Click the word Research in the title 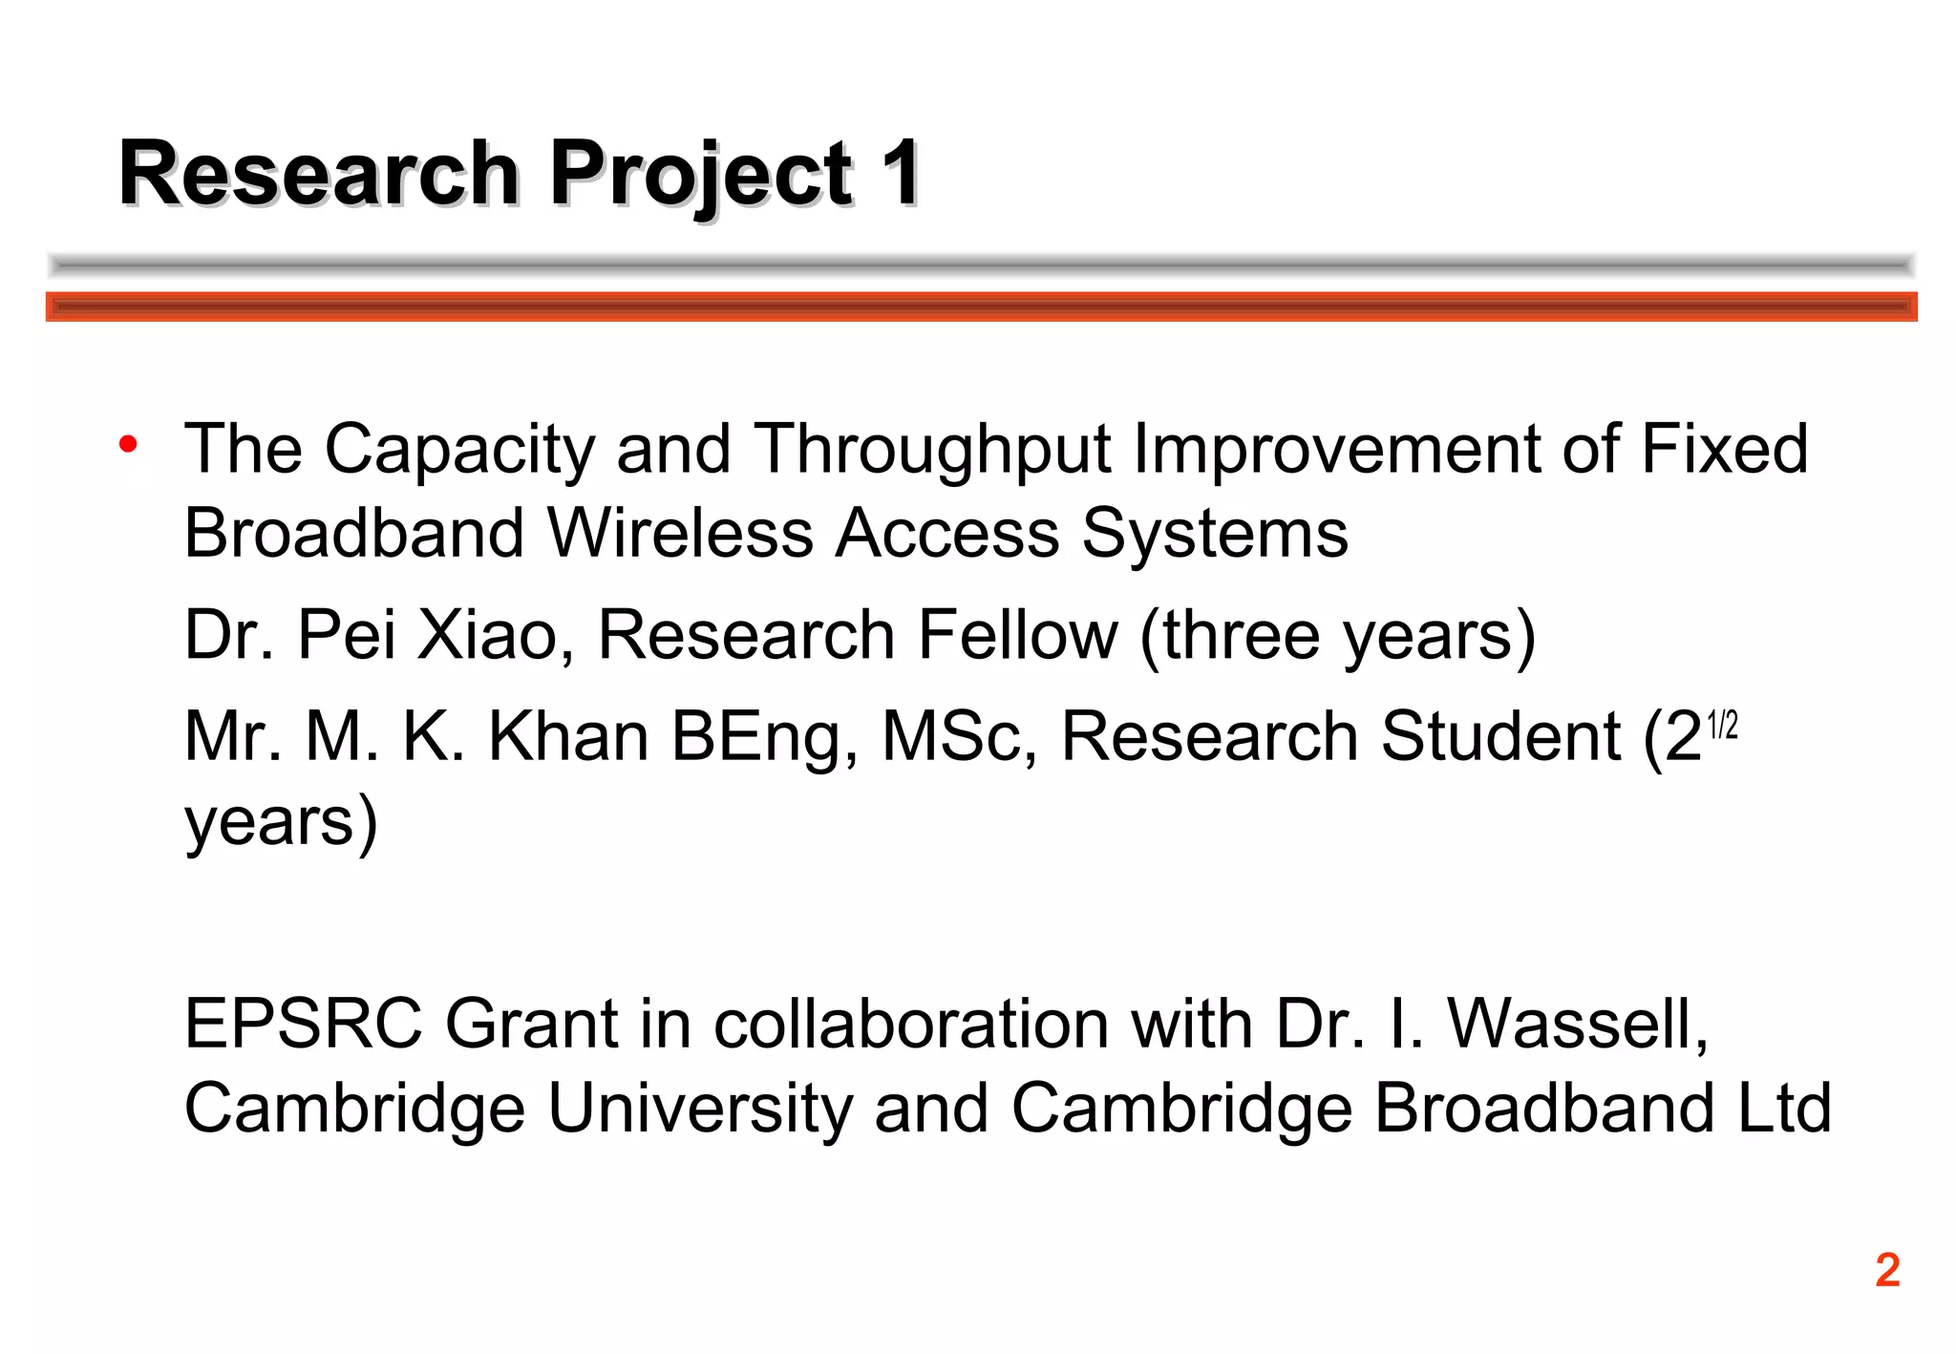tap(319, 174)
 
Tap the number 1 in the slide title tap(900, 174)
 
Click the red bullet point tap(128, 445)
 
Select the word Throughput tap(934, 449)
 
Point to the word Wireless tap(680, 533)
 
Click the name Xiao tap(487, 635)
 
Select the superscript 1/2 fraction tap(1722, 726)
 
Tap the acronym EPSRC tap(303, 1025)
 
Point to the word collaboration tap(911, 1025)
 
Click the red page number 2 tap(1887, 1271)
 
